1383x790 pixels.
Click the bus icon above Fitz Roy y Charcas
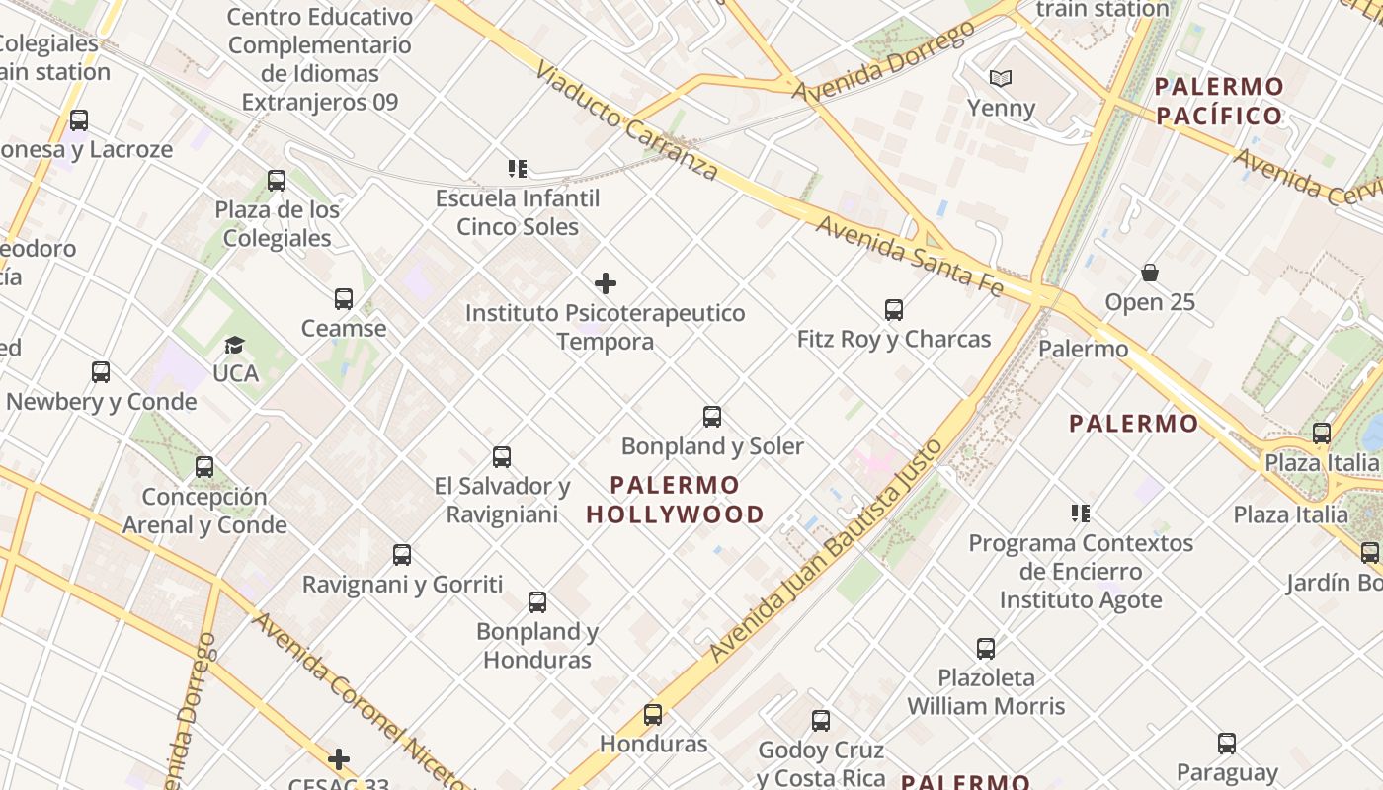coord(894,310)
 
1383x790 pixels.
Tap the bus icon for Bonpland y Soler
coord(712,417)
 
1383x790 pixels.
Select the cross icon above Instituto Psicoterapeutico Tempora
coord(606,284)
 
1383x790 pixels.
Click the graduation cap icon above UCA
coord(234,345)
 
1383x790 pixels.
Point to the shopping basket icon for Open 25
coord(1150,273)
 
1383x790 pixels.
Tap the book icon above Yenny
coord(1001,78)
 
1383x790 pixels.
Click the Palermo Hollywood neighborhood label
coord(675,500)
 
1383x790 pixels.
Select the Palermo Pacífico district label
coord(1219,101)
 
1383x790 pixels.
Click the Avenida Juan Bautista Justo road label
coord(827,550)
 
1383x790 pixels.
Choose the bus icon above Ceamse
coord(344,298)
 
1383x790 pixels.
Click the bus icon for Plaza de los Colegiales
coord(277,181)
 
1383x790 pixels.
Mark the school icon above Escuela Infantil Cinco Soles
coord(518,169)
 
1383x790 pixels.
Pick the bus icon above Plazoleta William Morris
coord(986,649)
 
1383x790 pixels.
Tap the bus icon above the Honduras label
coord(653,715)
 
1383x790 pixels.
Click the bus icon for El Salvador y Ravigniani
coord(502,456)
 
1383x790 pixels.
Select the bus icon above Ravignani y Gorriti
coord(402,555)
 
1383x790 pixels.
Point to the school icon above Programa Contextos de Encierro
coord(1081,513)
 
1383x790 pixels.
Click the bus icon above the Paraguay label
coord(1227,744)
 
